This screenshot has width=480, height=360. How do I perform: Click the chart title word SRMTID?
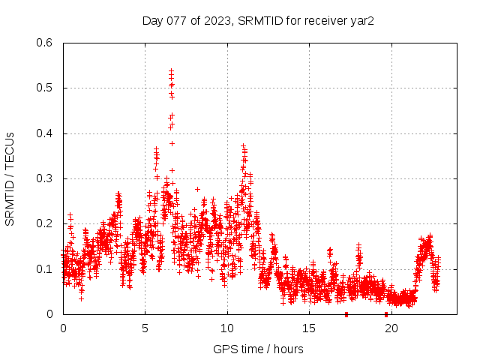pyautogui.click(x=258, y=21)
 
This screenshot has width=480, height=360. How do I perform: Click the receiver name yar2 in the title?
pyautogui.click(x=361, y=21)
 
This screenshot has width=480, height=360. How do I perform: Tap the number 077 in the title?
pyautogui.click(x=176, y=21)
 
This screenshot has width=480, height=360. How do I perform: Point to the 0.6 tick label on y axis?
pyautogui.click(x=44, y=43)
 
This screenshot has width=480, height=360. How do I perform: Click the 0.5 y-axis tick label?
pyautogui.click(x=44, y=88)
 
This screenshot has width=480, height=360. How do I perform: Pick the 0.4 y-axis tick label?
pyautogui.click(x=44, y=133)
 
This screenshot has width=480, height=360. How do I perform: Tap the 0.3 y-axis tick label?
pyautogui.click(x=44, y=178)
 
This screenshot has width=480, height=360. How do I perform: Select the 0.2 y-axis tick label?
pyautogui.click(x=44, y=223)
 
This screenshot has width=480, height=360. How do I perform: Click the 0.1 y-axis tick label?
pyautogui.click(x=44, y=268)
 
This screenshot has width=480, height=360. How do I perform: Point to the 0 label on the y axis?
pyautogui.click(x=49, y=314)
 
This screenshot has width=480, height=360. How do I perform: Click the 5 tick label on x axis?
pyautogui.click(x=145, y=328)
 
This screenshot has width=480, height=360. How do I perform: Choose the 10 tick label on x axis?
pyautogui.click(x=227, y=328)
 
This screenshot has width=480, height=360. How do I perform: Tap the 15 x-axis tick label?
pyautogui.click(x=310, y=328)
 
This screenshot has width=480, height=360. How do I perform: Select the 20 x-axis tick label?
pyautogui.click(x=391, y=328)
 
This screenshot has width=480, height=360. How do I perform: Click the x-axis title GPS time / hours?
pyautogui.click(x=258, y=349)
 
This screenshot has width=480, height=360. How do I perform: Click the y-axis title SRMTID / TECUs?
pyautogui.click(x=10, y=178)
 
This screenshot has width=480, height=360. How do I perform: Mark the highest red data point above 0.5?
pyautogui.click(x=171, y=70)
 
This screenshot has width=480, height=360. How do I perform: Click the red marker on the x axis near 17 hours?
pyautogui.click(x=346, y=314)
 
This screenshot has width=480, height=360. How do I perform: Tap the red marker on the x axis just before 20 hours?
pyautogui.click(x=386, y=314)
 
